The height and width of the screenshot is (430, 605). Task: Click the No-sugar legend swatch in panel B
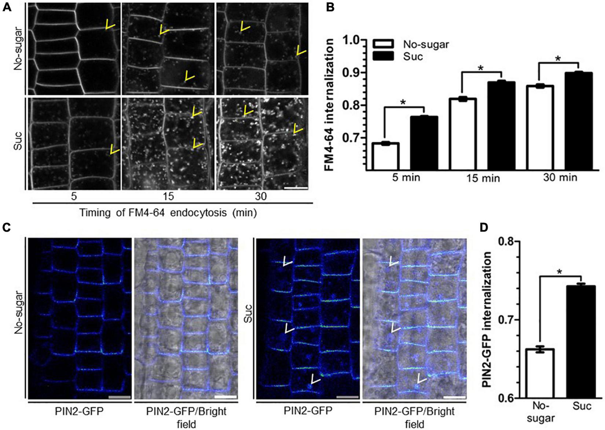[383, 45]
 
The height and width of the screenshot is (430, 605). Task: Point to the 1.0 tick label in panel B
[352, 40]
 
